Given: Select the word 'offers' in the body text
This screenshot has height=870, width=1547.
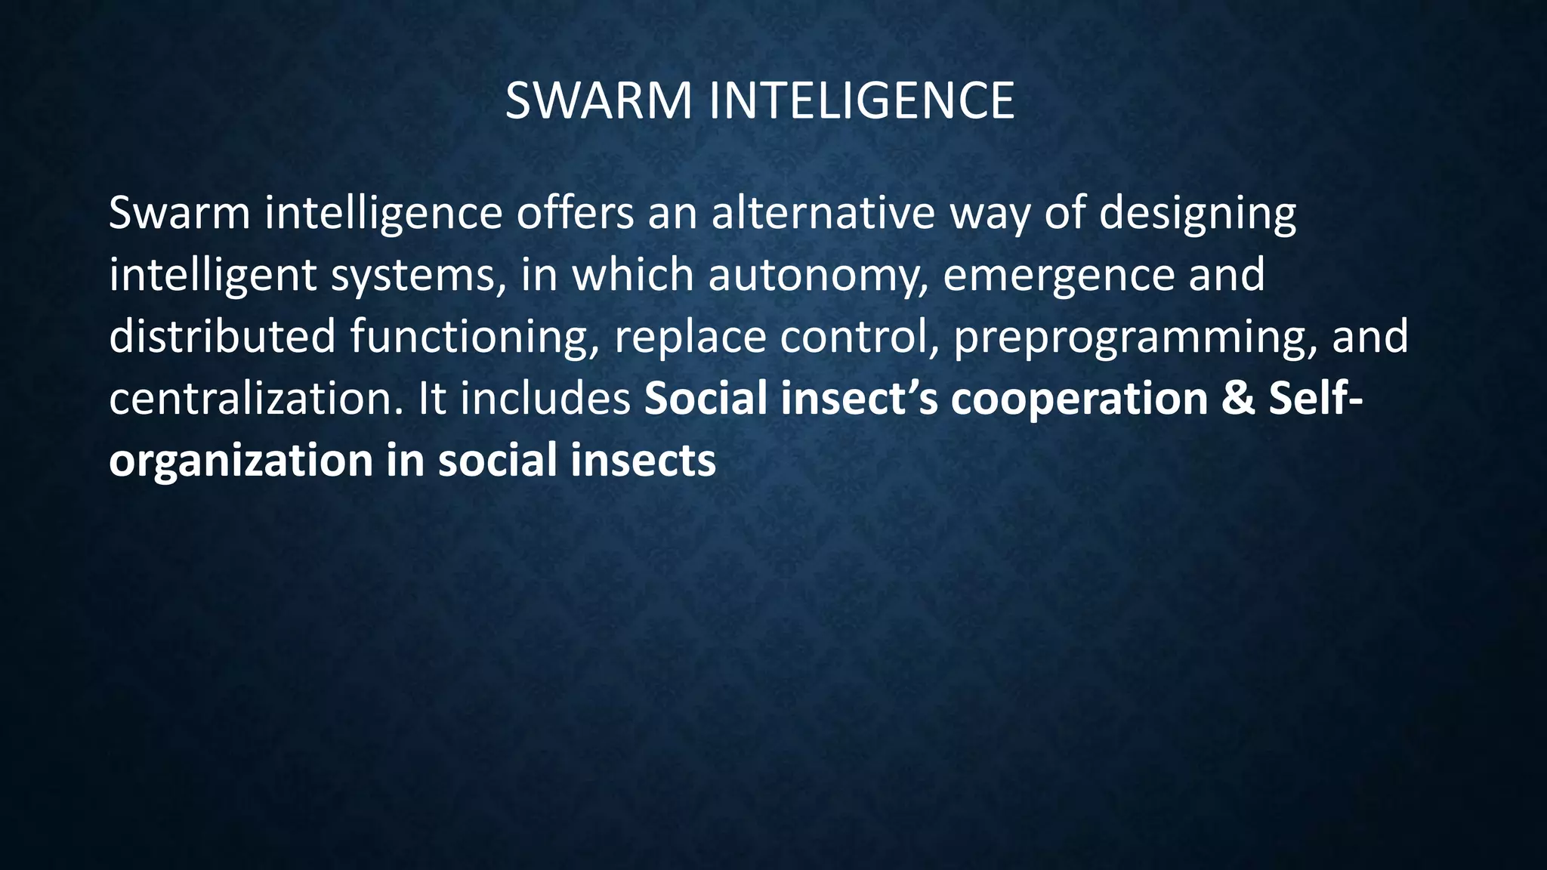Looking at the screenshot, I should [575, 213].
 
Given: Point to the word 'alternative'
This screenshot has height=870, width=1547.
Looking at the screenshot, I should [823, 213].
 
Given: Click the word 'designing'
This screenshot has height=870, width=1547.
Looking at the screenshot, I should [1197, 214].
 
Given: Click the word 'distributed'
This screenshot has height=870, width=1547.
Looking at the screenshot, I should [222, 336].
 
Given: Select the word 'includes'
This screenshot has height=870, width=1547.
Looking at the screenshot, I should [545, 398].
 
